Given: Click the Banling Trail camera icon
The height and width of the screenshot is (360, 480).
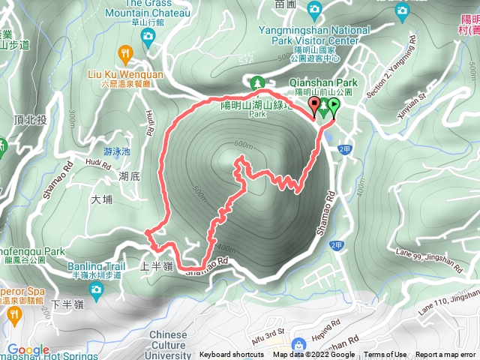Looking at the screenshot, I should [95, 288].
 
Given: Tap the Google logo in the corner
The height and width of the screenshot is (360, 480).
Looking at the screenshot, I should [28, 350].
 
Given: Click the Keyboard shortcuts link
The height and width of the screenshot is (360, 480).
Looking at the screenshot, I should [231, 355].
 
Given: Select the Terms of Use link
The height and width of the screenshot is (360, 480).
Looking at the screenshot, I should [385, 355].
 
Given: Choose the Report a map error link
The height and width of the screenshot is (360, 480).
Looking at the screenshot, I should [445, 355].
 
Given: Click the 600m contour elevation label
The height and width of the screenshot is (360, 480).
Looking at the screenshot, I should [242, 145].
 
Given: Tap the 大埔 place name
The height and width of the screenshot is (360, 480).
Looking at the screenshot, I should [100, 200].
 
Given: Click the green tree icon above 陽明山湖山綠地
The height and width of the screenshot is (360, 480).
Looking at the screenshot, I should [257, 82].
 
